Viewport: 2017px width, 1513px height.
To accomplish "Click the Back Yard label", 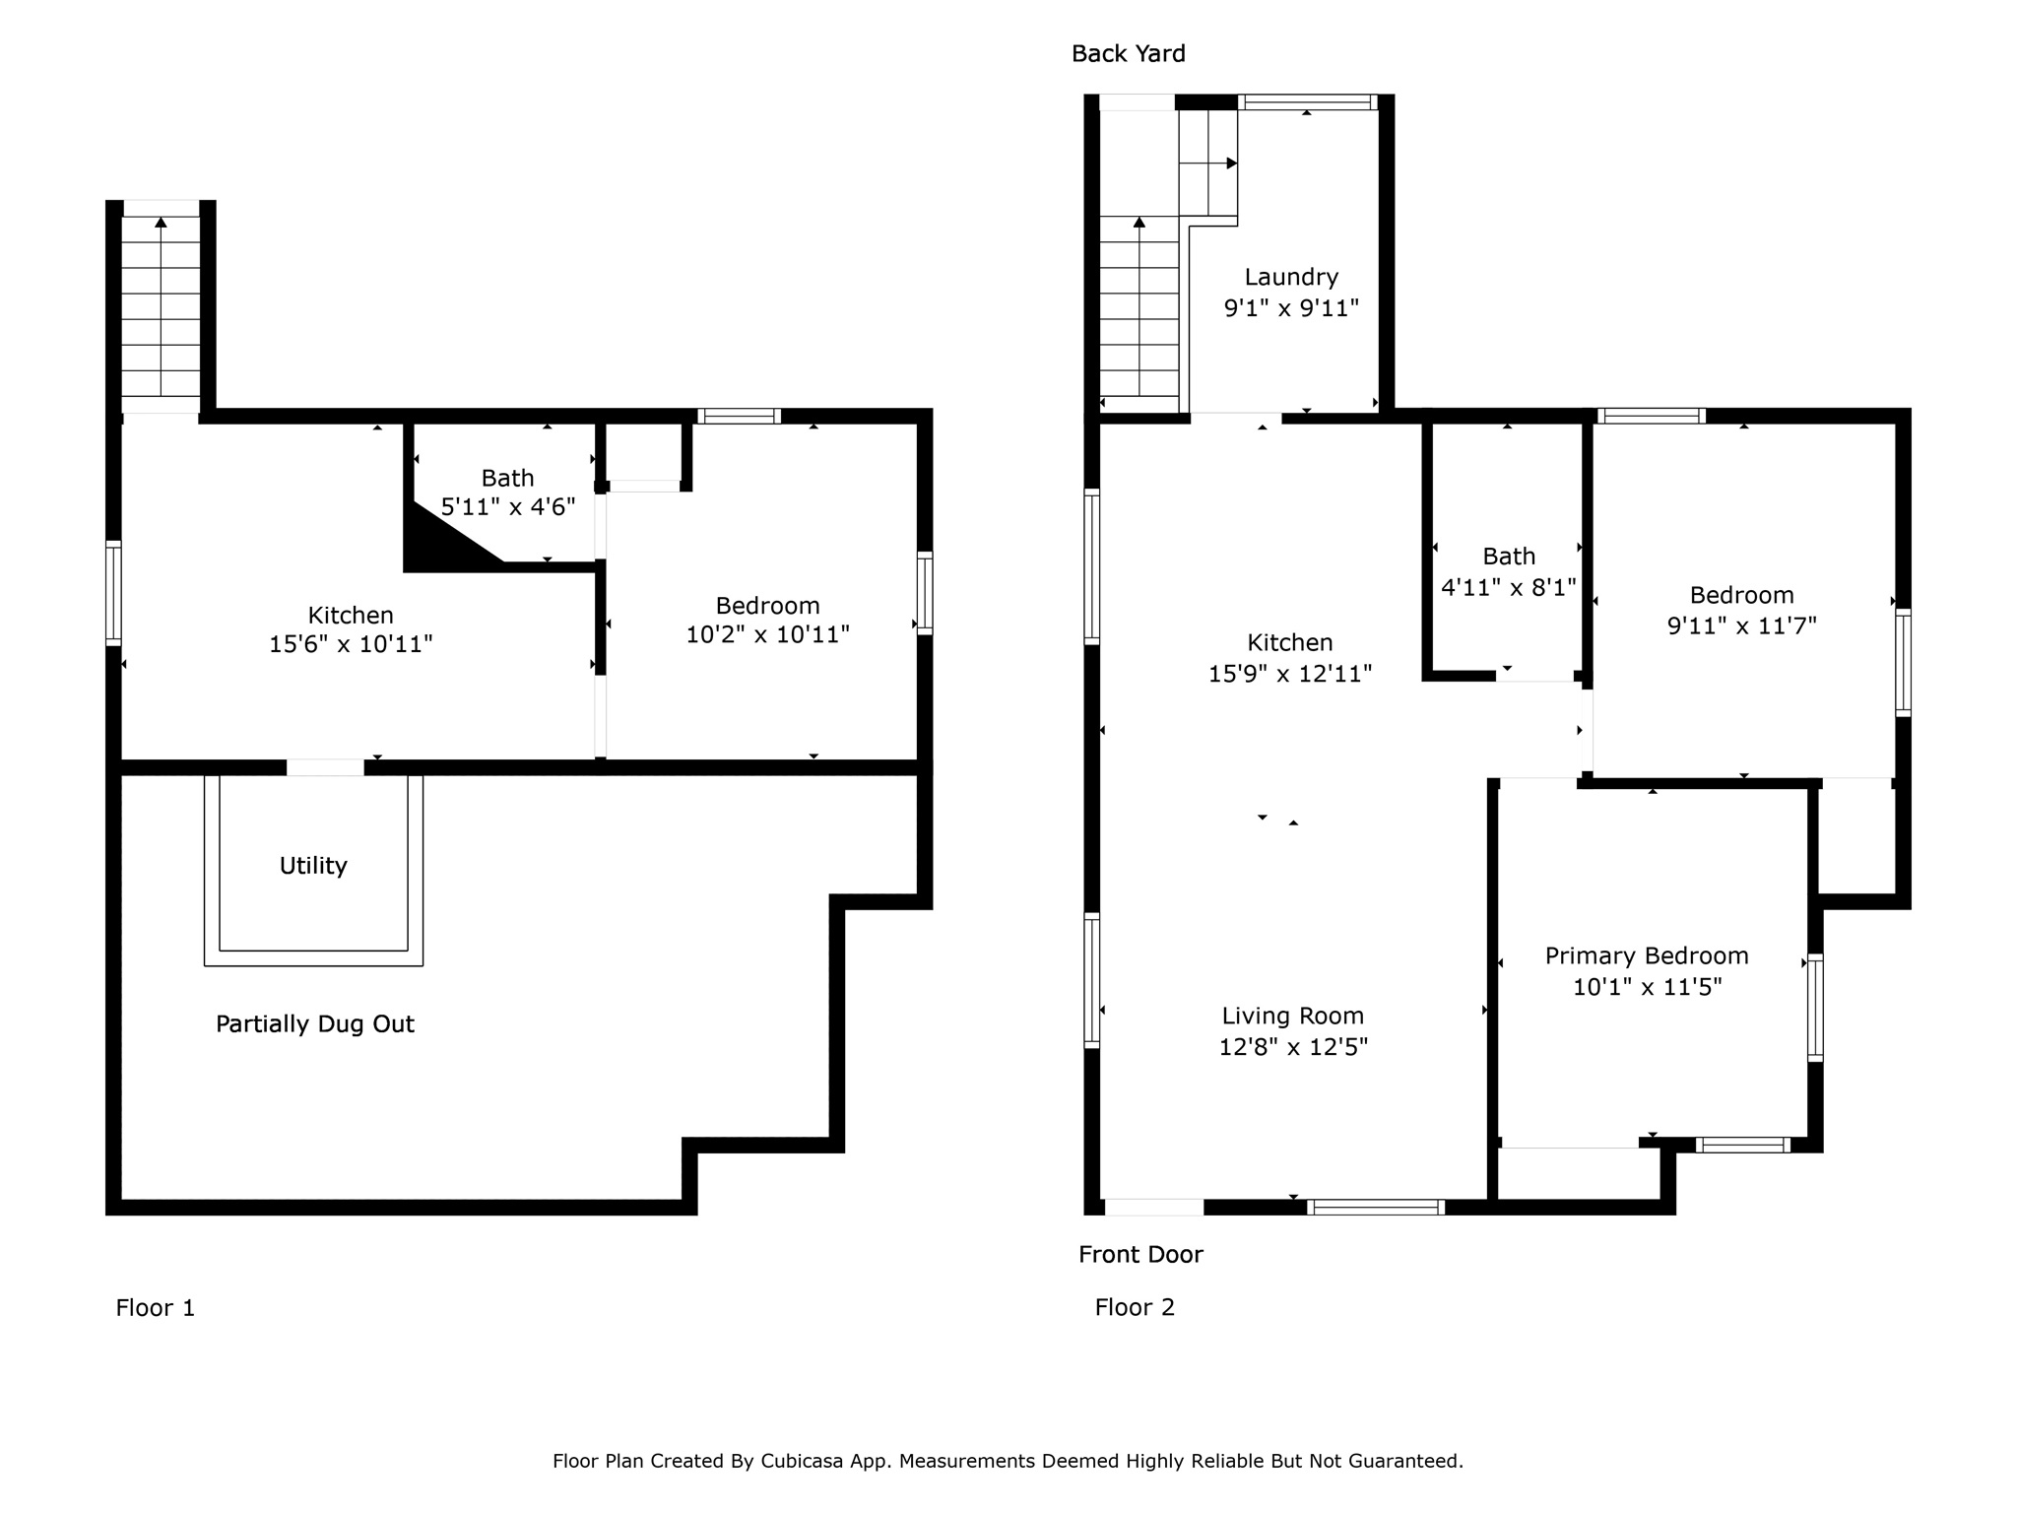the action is tap(1128, 53).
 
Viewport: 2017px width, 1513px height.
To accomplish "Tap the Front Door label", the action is tap(1140, 1254).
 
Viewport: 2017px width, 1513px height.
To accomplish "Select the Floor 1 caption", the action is tap(156, 1307).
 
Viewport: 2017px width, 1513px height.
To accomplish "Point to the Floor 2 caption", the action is tap(1135, 1307).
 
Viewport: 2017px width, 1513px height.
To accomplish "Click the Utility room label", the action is tap(313, 866).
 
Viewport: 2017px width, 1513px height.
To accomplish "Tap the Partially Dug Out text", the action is tap(315, 1024).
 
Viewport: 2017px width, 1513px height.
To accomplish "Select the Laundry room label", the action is tap(1291, 278).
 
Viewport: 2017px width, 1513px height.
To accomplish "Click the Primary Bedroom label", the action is tap(1647, 955).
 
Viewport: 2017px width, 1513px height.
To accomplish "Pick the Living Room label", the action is tap(1293, 1017).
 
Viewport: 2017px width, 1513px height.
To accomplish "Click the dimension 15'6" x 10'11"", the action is tap(352, 644).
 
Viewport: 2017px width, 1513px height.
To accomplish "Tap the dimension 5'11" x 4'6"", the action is tap(508, 507).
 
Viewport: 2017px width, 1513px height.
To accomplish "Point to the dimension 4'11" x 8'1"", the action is tap(1509, 588).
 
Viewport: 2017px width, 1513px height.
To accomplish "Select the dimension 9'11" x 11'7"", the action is tap(1742, 625).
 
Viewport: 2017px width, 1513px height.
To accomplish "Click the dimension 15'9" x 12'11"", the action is tap(1290, 674).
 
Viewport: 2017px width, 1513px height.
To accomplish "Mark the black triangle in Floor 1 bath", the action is tap(438, 542).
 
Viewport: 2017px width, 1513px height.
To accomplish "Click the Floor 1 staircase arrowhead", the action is tap(161, 223).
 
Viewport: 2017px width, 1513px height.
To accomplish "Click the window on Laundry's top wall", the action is tap(1307, 101).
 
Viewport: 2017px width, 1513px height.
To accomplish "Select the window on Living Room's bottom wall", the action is tap(1376, 1207).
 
